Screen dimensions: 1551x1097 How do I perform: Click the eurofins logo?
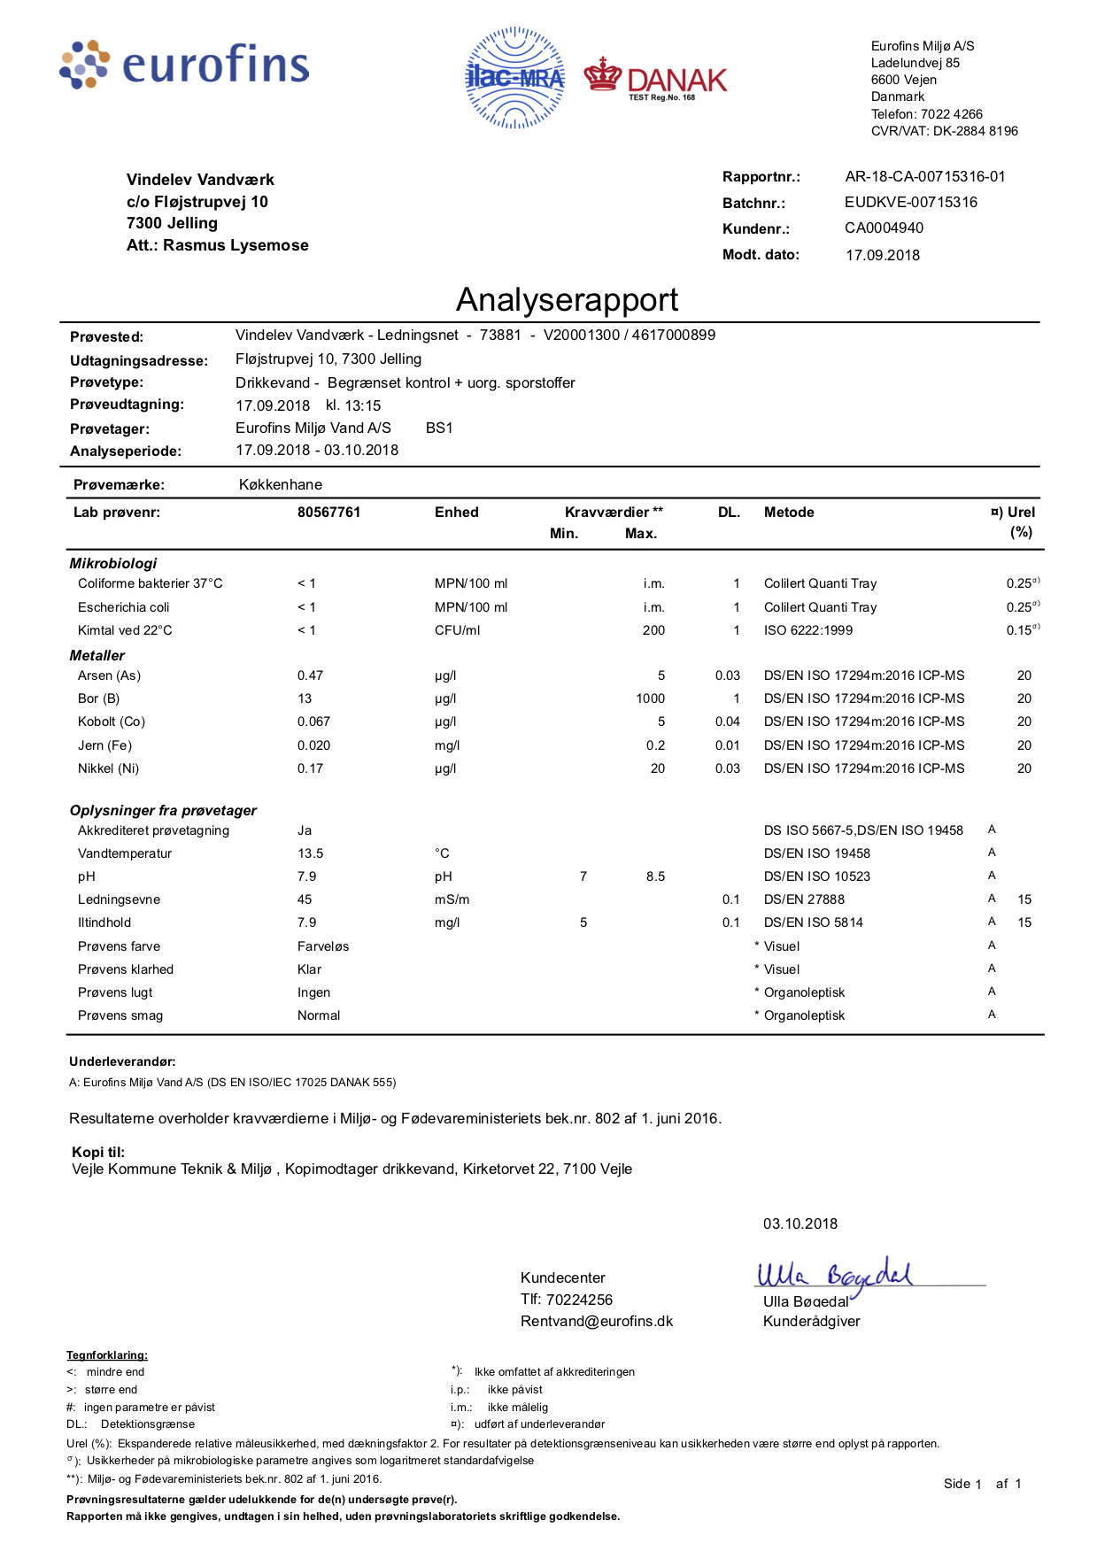[x=185, y=65]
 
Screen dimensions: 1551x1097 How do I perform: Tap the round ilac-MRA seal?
[x=514, y=78]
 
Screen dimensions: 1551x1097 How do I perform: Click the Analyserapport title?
[x=567, y=300]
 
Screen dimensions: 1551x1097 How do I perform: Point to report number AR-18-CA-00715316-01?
[x=925, y=177]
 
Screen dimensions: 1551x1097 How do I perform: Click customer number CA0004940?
[x=884, y=228]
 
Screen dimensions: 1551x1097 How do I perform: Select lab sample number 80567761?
[x=329, y=513]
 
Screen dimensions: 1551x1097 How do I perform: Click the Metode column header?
[x=789, y=513]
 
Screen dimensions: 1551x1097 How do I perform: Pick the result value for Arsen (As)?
[x=310, y=675]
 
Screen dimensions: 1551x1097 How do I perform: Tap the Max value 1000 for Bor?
[x=650, y=698]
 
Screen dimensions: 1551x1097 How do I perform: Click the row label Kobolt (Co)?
[x=112, y=721]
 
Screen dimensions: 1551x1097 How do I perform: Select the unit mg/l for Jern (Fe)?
[x=447, y=745]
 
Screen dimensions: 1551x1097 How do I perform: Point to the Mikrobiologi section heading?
[x=113, y=563]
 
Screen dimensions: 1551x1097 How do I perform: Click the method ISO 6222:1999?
[x=808, y=630]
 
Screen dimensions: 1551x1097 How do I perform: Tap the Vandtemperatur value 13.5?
[x=310, y=853]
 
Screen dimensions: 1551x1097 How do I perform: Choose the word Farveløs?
[x=323, y=946]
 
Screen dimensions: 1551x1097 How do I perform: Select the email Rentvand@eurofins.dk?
[x=597, y=1321]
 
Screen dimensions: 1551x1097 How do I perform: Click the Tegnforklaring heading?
[x=107, y=1355]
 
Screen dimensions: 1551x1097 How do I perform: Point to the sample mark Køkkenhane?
[x=281, y=485]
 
